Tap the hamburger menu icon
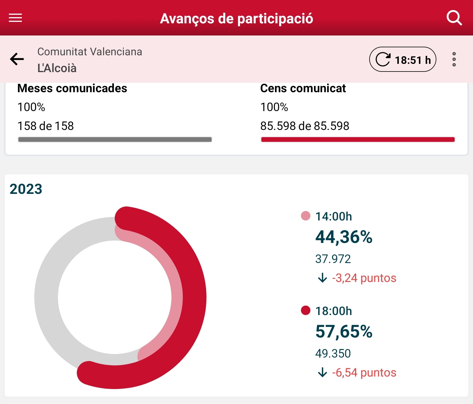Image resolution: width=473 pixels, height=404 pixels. click(15, 18)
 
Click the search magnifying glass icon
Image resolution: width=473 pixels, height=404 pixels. click(454, 18)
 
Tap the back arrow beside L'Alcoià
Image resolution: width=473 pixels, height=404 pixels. click(17, 59)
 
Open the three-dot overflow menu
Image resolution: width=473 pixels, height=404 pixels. click(454, 59)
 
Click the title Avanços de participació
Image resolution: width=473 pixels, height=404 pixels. click(237, 18)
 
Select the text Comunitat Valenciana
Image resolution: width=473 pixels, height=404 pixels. click(90, 52)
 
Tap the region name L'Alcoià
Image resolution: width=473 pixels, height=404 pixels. click(57, 68)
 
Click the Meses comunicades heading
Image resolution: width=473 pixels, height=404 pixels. click(72, 88)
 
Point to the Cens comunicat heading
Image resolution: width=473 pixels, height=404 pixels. click(303, 88)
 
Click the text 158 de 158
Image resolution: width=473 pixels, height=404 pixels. click(46, 126)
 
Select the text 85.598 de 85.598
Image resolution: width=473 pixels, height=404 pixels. click(304, 126)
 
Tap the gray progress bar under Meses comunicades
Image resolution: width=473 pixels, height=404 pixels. click(115, 139)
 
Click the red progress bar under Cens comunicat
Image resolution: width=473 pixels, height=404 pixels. click(358, 139)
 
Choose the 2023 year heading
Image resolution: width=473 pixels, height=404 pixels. click(26, 189)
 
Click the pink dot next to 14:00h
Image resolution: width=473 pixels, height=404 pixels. click(305, 216)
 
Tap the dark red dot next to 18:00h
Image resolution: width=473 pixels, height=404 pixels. click(305, 310)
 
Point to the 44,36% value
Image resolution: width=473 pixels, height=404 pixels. click(344, 237)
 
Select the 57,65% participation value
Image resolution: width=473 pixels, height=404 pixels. click(344, 332)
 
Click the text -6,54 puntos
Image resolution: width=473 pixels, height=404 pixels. click(364, 373)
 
